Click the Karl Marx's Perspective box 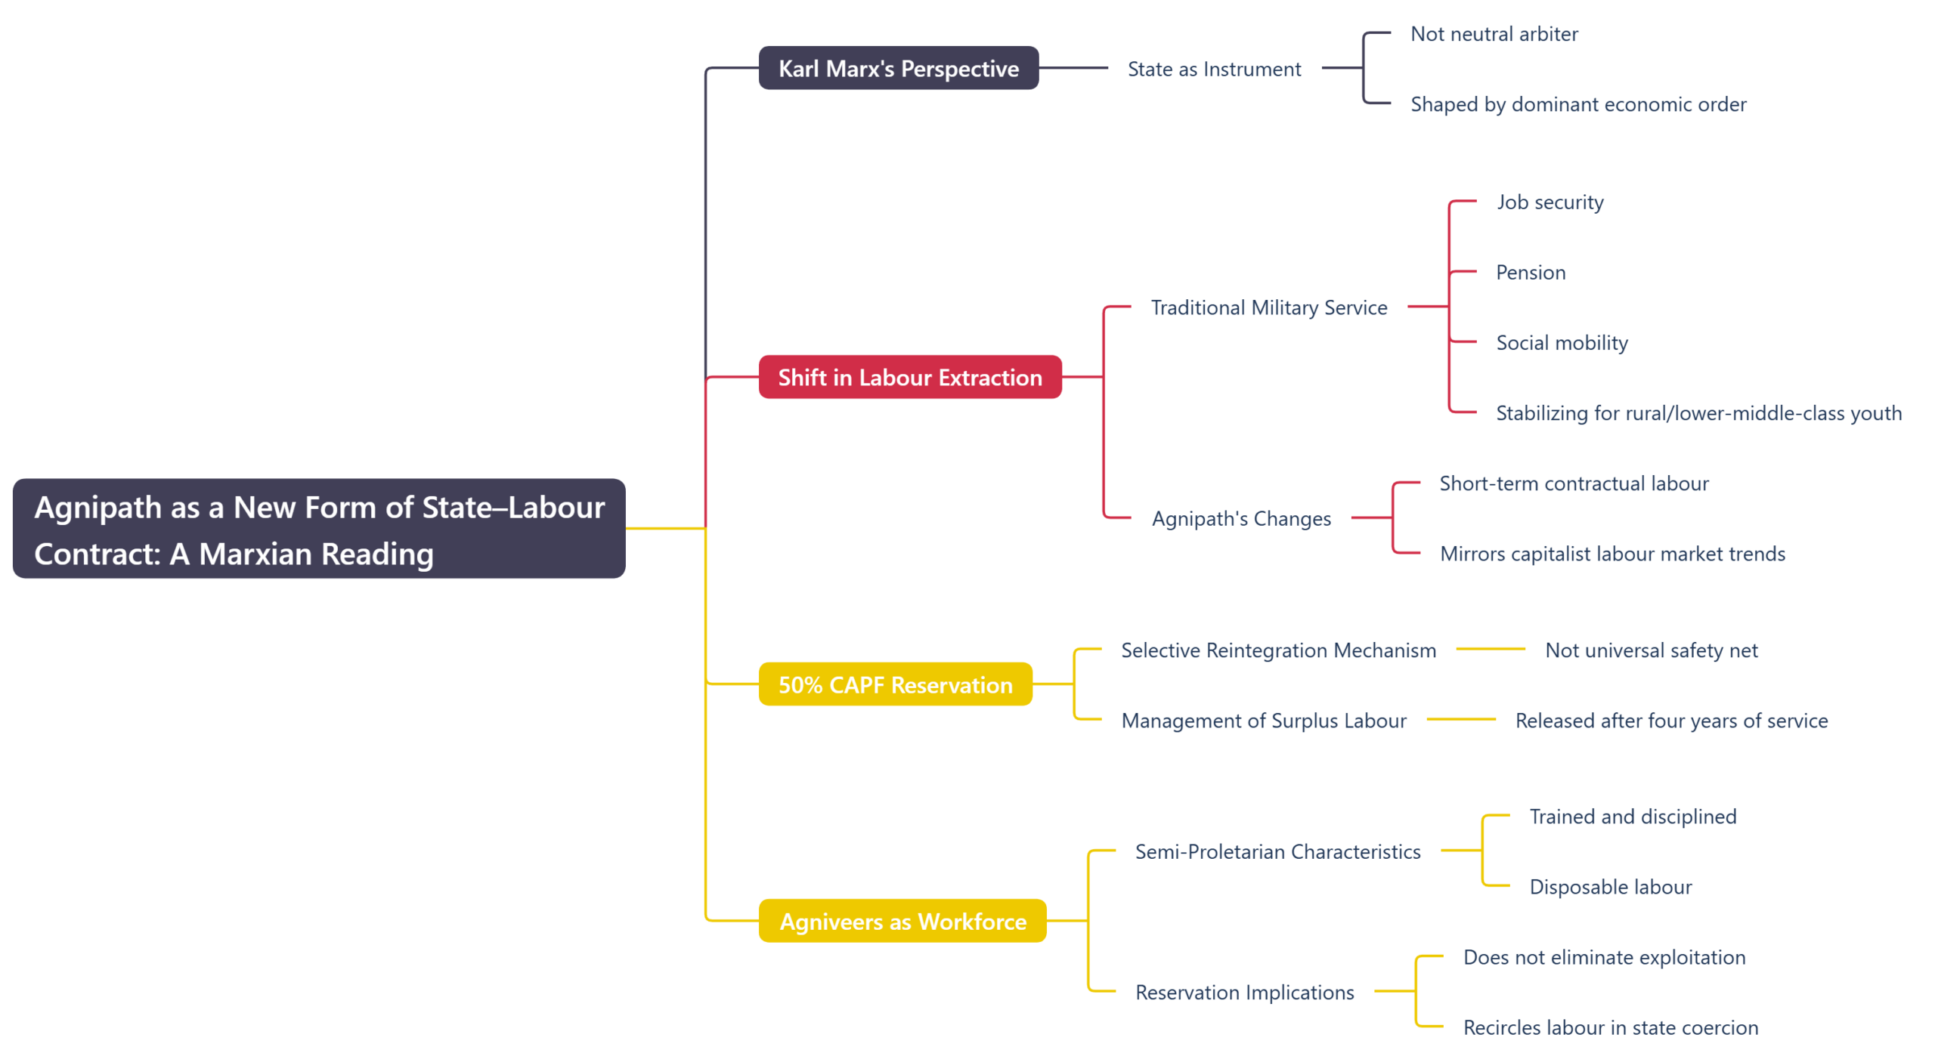[x=898, y=68]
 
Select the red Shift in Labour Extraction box [x=909, y=376]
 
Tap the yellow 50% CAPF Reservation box [x=895, y=684]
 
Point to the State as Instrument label [x=1214, y=69]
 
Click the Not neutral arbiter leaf [x=1494, y=33]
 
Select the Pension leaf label [x=1530, y=272]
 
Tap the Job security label [x=1550, y=202]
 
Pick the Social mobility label [x=1562, y=342]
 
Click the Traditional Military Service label [x=1268, y=307]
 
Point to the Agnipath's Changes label [x=1241, y=518]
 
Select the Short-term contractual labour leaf [x=1574, y=483]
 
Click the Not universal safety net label [x=1651, y=650]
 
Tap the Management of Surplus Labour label [x=1264, y=720]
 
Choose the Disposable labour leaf [x=1610, y=886]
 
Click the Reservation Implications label [x=1244, y=992]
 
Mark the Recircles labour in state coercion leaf [x=1610, y=1027]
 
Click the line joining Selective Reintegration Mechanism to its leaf [x=1490, y=649]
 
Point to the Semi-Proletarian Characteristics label [x=1277, y=851]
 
